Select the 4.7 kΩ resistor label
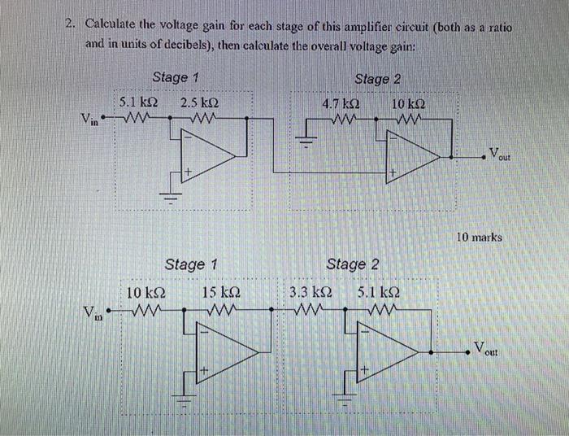tap(341, 104)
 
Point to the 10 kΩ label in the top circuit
tap(406, 104)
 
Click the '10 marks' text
tap(480, 238)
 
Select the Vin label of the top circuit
tap(92, 120)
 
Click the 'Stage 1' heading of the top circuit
tap(176, 77)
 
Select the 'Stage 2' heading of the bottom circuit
tap(352, 264)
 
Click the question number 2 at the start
tap(71, 25)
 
